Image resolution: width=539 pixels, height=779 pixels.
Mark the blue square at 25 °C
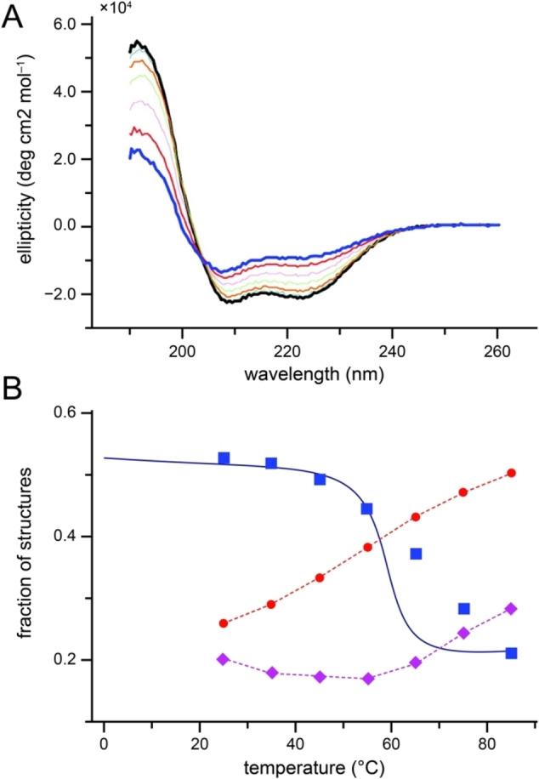pyautogui.click(x=224, y=458)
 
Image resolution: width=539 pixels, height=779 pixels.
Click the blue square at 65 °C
pyautogui.click(x=416, y=554)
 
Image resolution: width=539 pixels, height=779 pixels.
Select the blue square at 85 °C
pyautogui.click(x=511, y=653)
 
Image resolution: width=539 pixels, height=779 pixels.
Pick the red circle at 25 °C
pyautogui.click(x=224, y=623)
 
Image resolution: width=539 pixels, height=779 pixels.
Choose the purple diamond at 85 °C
pyautogui.click(x=511, y=608)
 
